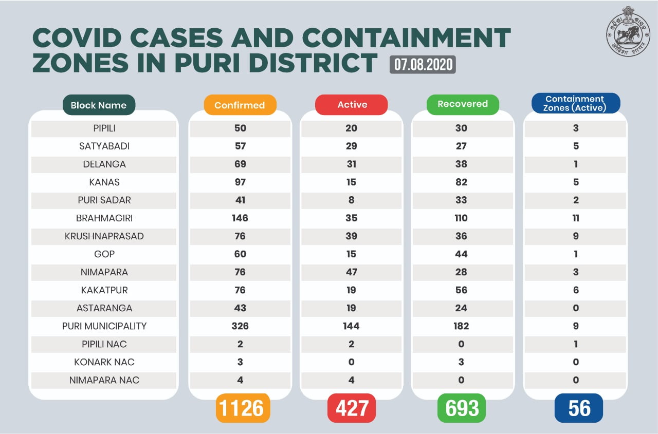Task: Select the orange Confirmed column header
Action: pyautogui.click(x=240, y=105)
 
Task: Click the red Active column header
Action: pyautogui.click(x=352, y=105)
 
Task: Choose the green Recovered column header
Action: pyautogui.click(x=463, y=104)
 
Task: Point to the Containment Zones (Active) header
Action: pyautogui.click(x=575, y=103)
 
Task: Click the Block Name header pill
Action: pyautogui.click(x=99, y=105)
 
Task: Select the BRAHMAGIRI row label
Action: pyautogui.click(x=104, y=218)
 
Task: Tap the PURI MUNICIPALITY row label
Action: pyautogui.click(x=104, y=326)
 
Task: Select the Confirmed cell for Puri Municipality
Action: pyautogui.click(x=240, y=326)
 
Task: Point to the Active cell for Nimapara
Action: pyautogui.click(x=352, y=272)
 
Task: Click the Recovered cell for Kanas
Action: pyautogui.click(x=462, y=182)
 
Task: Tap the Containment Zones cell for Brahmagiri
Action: pyautogui.click(x=576, y=218)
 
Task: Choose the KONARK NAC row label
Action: pyautogui.click(x=104, y=362)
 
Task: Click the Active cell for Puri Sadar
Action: pyautogui.click(x=352, y=200)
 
